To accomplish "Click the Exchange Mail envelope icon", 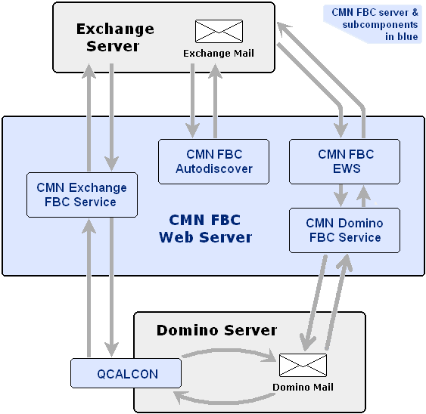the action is pyautogui.click(x=219, y=31).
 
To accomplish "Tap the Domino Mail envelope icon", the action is pyautogui.click(x=303, y=365).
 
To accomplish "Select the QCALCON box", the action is pyautogui.click(x=126, y=373).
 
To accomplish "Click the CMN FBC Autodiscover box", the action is pyautogui.click(x=214, y=162).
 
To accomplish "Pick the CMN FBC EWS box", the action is pyautogui.click(x=344, y=162).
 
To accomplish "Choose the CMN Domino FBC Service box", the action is pyautogui.click(x=344, y=230).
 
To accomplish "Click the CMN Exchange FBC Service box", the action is pyautogui.click(x=82, y=195).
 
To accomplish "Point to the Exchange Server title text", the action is pyautogui.click(x=115, y=38).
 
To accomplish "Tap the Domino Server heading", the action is pyautogui.click(x=216, y=330).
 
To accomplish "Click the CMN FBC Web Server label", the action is pyautogui.click(x=205, y=228).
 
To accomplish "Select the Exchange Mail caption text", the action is pyautogui.click(x=219, y=53).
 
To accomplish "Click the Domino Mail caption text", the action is pyautogui.click(x=303, y=387).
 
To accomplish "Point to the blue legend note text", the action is pyautogui.click(x=375, y=24).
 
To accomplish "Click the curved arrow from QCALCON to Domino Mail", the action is pyautogui.click(x=229, y=351).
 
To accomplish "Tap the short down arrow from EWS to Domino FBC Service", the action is pyautogui.click(x=340, y=196).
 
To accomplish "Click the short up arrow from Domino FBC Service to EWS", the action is pyautogui.click(x=364, y=196).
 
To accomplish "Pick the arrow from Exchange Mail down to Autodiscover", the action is pyautogui.click(x=193, y=100).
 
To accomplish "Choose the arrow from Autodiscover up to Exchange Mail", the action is pyautogui.click(x=215, y=100).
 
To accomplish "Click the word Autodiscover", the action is pyautogui.click(x=214, y=169).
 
